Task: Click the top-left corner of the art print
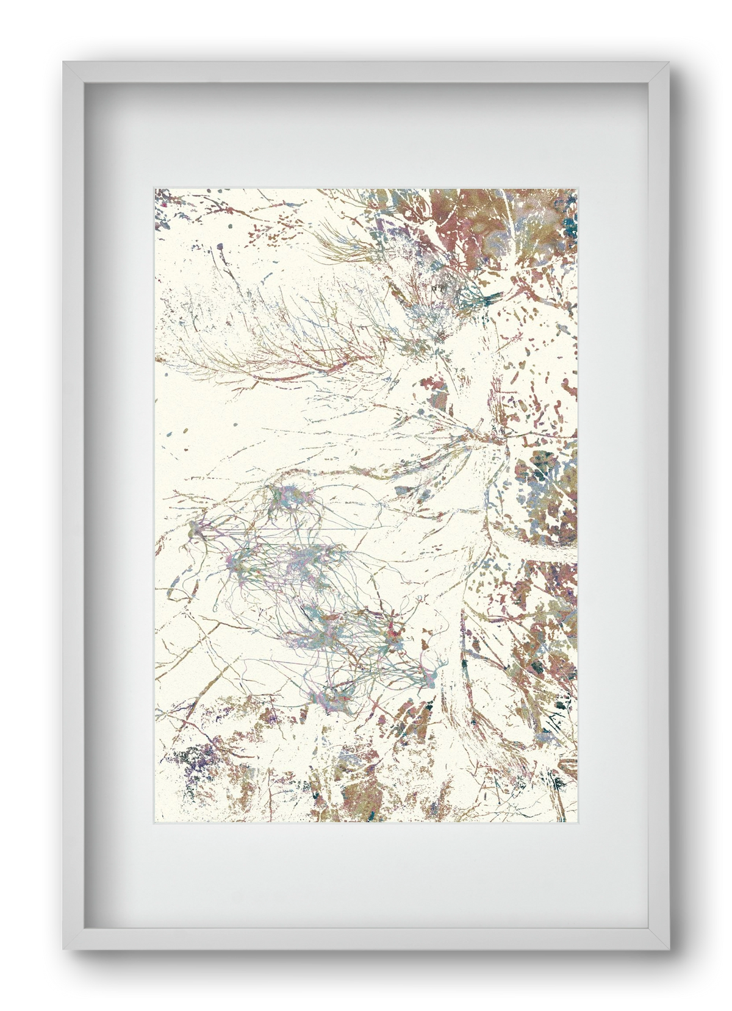(x=155, y=189)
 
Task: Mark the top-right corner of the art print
(x=576, y=189)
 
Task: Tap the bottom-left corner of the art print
(x=155, y=822)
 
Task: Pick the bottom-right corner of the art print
(x=576, y=822)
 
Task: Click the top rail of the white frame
(x=366, y=73)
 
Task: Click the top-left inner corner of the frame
(x=84, y=83)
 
